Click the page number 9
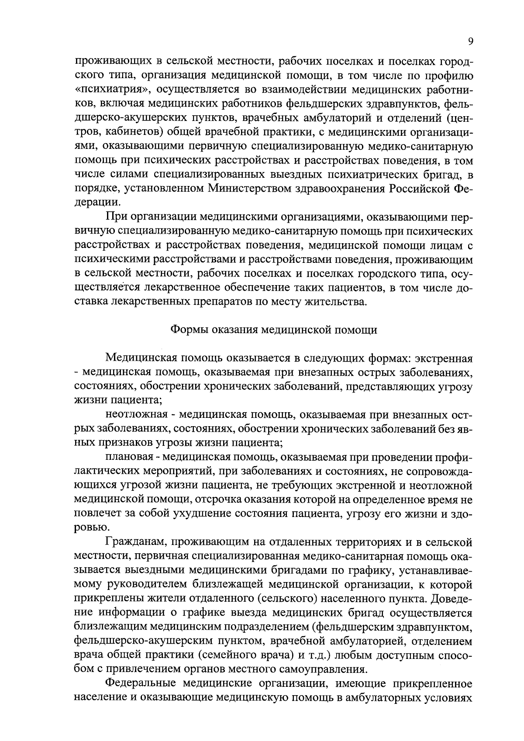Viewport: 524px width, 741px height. pos(470,42)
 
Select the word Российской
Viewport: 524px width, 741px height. pos(419,188)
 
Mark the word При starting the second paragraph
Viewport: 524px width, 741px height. pos(115,217)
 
